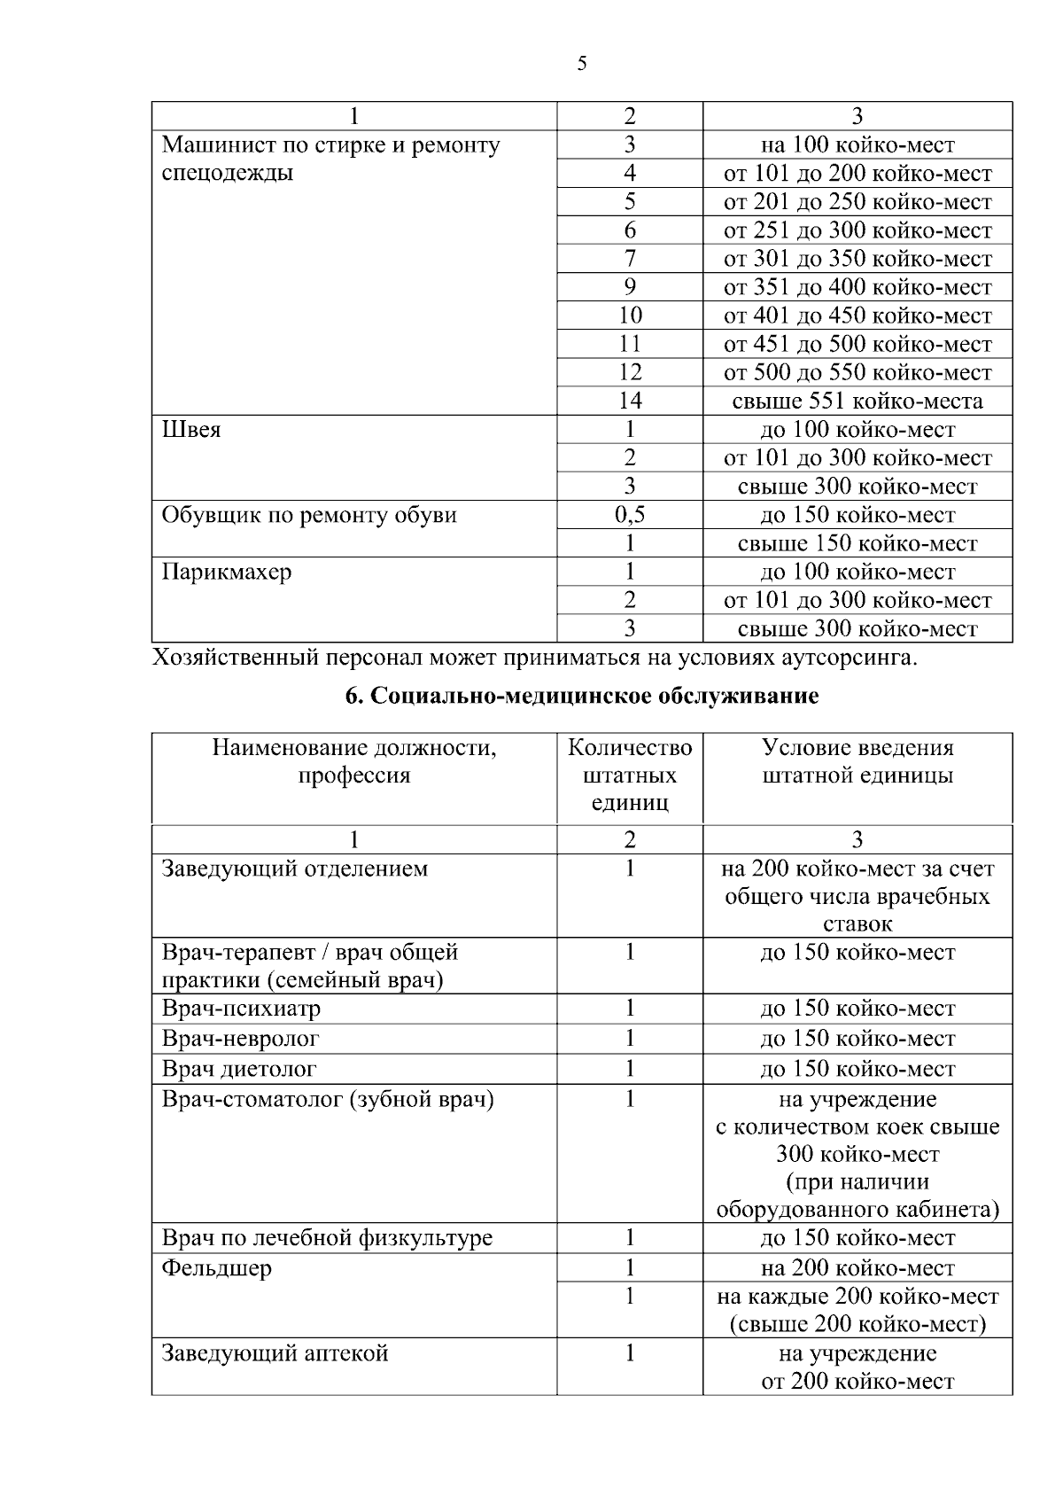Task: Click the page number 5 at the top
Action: pos(581,64)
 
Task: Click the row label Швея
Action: pos(191,430)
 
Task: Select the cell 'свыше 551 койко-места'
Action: pos(857,401)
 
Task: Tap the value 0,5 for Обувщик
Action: pos(629,515)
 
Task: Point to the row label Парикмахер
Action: pos(227,572)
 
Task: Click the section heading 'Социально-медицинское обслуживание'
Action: pos(581,696)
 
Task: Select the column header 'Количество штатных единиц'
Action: pos(629,775)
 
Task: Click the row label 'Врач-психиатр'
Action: pos(241,1009)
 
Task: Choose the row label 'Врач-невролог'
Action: pos(240,1039)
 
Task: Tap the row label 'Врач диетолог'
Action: pos(239,1069)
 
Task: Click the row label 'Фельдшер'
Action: pos(217,1268)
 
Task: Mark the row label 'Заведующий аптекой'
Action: pos(275,1353)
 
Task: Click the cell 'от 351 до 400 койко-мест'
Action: pos(857,287)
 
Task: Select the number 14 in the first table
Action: pos(629,401)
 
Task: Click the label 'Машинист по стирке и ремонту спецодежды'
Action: pos(330,158)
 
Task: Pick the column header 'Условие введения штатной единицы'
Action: pos(857,761)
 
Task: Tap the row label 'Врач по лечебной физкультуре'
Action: pos(327,1237)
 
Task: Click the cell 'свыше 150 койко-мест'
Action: pos(857,543)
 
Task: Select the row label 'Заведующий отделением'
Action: pos(294,869)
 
